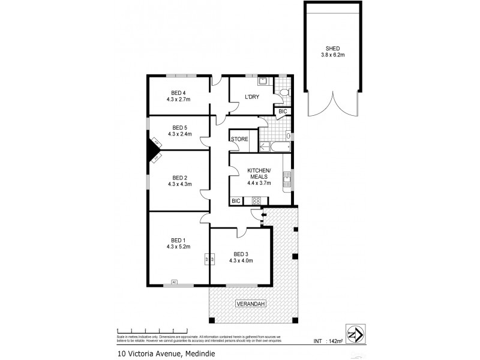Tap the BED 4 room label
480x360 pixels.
coord(178,92)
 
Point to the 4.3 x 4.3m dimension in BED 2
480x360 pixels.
coord(179,185)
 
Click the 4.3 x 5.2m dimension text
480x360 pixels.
coord(179,246)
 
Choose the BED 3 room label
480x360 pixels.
coord(241,253)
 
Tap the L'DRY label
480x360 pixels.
coord(251,97)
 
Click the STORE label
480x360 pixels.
coord(240,139)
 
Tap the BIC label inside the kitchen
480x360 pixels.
coord(236,200)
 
